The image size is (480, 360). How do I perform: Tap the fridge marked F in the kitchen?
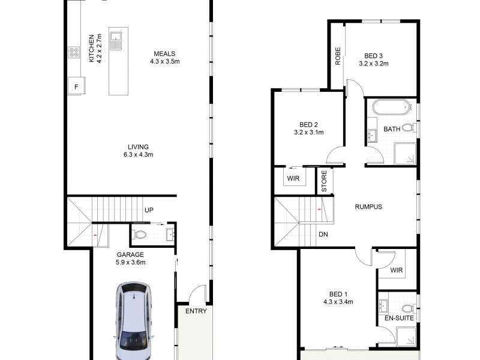pyautogui.click(x=76, y=86)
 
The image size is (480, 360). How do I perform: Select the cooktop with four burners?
pyautogui.click(x=74, y=53)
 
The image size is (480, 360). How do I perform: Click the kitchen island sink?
pyautogui.click(x=119, y=41)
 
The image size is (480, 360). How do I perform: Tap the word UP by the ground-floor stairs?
pyautogui.click(x=148, y=210)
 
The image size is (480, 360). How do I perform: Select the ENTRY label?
pyautogui.click(x=196, y=311)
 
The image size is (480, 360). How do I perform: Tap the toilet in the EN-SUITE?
pyautogui.click(x=407, y=309)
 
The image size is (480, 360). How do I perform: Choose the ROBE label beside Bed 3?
pyautogui.click(x=338, y=55)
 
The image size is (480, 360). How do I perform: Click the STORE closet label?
pyautogui.click(x=325, y=182)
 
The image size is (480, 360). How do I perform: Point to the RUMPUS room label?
pyautogui.click(x=368, y=206)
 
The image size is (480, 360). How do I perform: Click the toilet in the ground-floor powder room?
pyautogui.click(x=140, y=234)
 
